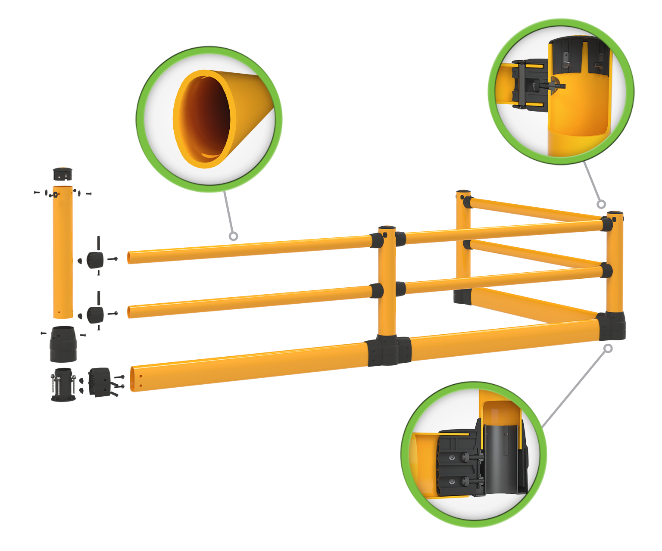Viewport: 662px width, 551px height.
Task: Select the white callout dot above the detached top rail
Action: pos(233,236)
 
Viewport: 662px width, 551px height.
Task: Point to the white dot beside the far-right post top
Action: pos(601,204)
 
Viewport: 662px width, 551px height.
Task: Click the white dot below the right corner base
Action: pos(608,348)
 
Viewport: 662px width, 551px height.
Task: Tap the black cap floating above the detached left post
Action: pos(63,174)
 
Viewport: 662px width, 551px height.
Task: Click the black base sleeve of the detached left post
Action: pos(63,345)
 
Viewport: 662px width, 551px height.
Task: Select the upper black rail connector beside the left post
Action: pos(95,260)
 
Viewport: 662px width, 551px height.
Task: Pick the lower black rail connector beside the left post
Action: pos(95,314)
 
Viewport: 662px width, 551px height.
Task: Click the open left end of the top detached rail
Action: pos(131,258)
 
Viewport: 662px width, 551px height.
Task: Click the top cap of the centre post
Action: pos(386,228)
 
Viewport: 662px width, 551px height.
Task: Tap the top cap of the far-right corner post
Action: pos(615,213)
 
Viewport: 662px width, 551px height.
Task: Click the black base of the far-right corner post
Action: pos(612,327)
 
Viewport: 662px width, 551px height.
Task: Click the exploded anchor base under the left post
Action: pos(63,384)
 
